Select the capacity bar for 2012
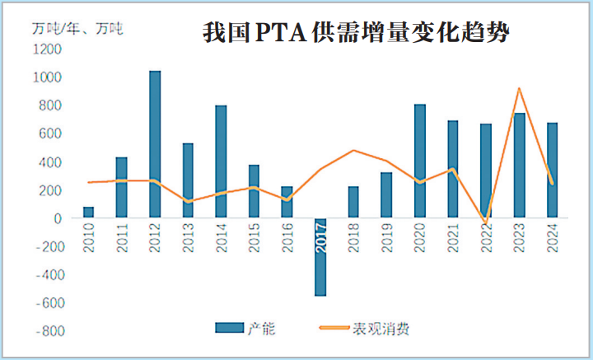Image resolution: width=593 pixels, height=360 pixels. click(x=155, y=145)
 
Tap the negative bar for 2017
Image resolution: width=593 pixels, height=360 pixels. click(x=320, y=257)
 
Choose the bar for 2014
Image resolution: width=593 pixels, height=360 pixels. click(x=221, y=162)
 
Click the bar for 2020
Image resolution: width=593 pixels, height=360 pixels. click(x=420, y=161)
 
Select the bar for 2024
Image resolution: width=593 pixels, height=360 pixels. click(x=553, y=171)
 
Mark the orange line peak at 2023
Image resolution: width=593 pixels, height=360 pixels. click(x=519, y=88)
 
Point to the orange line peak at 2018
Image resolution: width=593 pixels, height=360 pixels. click(x=353, y=150)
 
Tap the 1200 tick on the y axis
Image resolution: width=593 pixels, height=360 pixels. click(x=48, y=49)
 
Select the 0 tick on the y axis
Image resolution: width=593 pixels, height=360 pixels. click(x=58, y=219)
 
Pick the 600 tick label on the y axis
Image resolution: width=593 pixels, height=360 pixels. click(x=50, y=134)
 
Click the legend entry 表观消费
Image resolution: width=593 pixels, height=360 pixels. click(x=381, y=329)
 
